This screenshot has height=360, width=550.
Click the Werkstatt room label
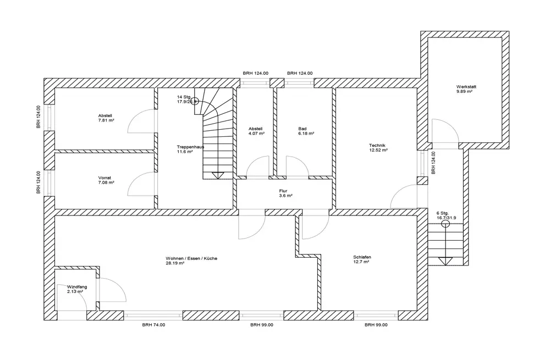465,87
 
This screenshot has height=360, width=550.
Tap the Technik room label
378,146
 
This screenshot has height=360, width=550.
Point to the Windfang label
77,286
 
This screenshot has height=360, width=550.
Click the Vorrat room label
105,178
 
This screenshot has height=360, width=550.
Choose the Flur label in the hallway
283,191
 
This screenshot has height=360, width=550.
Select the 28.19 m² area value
175,263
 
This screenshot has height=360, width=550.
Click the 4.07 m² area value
256,134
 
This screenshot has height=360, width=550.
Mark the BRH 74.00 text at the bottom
153,325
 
